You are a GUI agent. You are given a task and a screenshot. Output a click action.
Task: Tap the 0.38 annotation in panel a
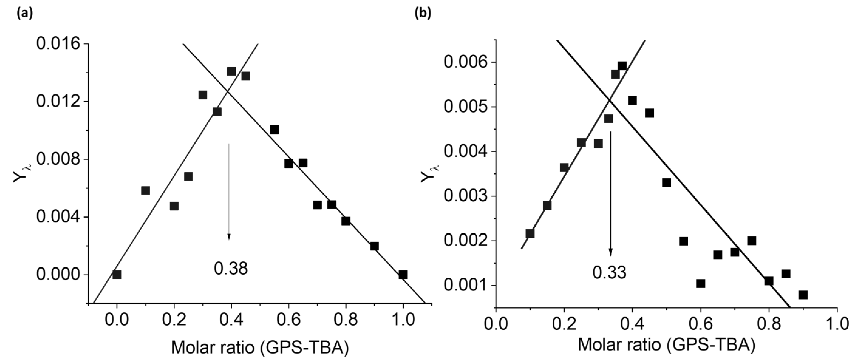click(231, 269)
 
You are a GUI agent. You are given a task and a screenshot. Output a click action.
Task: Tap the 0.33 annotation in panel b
click(609, 272)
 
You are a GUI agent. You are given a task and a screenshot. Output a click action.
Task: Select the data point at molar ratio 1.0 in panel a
click(403, 274)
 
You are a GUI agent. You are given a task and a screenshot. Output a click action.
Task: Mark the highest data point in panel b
click(622, 66)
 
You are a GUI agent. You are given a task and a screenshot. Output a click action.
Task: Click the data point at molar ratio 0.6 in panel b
click(700, 283)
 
